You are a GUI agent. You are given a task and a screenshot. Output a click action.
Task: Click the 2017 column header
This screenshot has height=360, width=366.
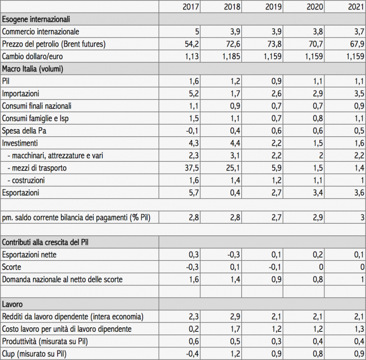pos(191,7)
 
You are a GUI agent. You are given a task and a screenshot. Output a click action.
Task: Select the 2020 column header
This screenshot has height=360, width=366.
pos(315,7)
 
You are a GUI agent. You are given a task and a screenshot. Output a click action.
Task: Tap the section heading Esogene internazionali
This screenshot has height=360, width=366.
pos(36,19)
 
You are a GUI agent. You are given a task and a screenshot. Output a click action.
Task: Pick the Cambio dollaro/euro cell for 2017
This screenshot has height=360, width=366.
pos(192,56)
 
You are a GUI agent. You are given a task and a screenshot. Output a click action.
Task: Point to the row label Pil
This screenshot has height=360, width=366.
pos(6,81)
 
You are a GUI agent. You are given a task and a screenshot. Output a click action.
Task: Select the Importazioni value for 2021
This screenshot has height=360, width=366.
pos(359,94)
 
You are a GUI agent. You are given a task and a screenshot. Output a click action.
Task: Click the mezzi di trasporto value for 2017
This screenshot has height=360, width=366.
pos(192,168)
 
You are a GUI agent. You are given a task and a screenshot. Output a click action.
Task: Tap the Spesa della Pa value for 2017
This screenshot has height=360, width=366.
pos(192,131)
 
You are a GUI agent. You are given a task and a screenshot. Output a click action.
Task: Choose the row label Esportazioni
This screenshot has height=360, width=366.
pos(21,193)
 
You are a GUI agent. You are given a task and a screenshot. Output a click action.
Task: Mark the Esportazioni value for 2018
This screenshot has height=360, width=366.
pos(235,193)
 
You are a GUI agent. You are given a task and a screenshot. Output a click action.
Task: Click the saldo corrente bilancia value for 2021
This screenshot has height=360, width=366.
pos(362,218)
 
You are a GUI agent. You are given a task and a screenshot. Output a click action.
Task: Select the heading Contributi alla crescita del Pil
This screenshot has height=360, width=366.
pos(45,242)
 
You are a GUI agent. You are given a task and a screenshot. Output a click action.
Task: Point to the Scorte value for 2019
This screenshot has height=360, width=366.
pos(275,267)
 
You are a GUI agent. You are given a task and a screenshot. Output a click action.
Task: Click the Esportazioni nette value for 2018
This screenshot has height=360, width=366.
pos(234,255)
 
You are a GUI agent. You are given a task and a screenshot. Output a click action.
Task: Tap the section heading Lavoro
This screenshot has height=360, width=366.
pos(12,304)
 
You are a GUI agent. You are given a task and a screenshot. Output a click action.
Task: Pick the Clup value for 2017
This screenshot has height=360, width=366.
pos(192,354)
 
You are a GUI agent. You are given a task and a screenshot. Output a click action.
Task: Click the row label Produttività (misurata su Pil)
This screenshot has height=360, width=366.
pos(45,341)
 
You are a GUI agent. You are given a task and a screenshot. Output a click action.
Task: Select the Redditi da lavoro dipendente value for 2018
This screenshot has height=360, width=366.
pos(235,317)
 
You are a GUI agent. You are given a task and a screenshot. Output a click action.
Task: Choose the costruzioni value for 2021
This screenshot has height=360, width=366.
pos(362,180)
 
